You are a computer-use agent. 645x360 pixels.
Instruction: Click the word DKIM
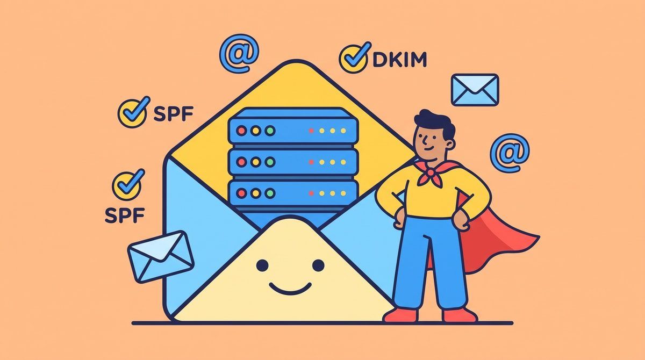[400, 59]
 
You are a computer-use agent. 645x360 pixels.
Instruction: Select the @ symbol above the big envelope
[239, 53]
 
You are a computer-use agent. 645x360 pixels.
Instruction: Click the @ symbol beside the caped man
[510, 153]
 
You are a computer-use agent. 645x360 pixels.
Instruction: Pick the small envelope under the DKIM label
[475, 90]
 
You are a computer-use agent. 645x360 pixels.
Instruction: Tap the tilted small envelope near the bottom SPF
[161, 257]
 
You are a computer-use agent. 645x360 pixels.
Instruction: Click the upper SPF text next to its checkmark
[173, 114]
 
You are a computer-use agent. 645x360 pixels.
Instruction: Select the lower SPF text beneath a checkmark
[125, 215]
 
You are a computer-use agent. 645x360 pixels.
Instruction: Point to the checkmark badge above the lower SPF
[128, 185]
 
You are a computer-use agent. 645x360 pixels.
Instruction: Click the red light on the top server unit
[241, 131]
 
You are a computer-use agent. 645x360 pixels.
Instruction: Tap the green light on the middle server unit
[270, 162]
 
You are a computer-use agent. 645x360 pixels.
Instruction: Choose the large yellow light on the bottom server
[255, 193]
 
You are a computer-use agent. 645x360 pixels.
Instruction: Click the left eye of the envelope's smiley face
[262, 265]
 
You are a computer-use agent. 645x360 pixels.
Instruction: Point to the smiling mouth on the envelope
[290, 289]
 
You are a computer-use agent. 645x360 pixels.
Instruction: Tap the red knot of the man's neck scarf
[430, 172]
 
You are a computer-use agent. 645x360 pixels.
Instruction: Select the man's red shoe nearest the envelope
[401, 315]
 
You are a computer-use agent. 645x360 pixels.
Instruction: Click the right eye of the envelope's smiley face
[318, 265]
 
